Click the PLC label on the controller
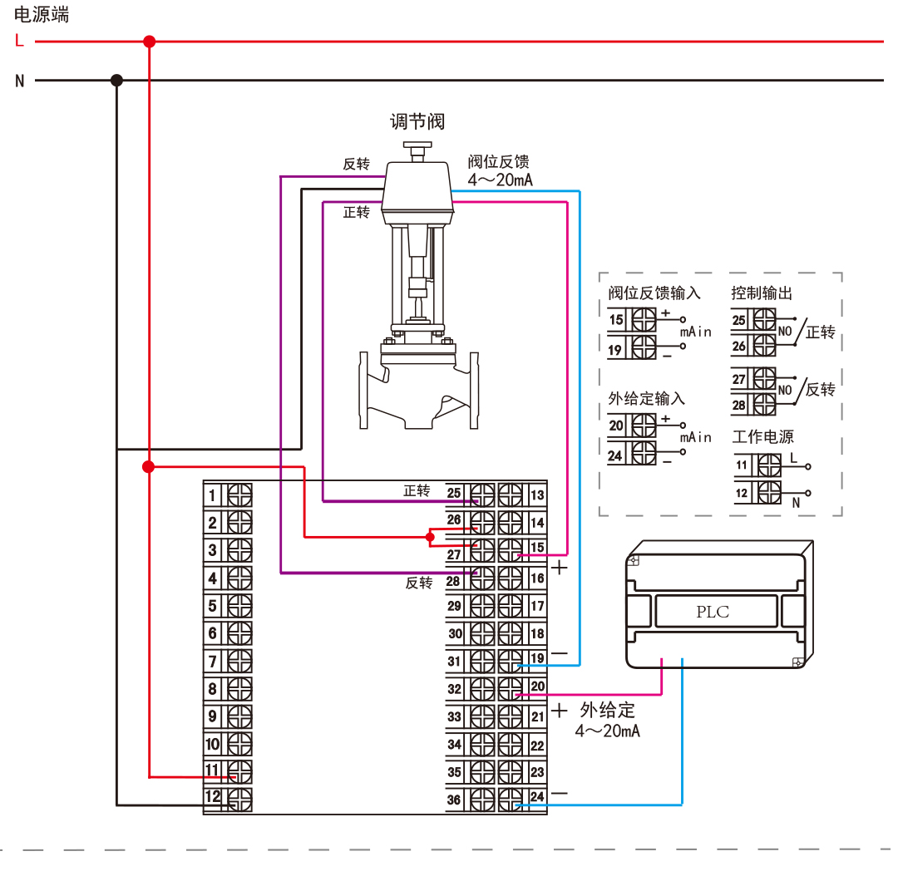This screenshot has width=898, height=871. point(712,612)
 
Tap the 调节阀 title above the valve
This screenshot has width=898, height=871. point(417,121)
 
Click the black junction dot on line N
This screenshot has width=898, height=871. point(117,81)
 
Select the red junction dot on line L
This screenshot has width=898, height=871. point(150,41)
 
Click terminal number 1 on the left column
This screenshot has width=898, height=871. point(212,496)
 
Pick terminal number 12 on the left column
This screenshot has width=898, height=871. point(213,797)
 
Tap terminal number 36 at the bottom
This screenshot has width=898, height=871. point(454,800)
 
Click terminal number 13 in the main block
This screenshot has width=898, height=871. point(537,495)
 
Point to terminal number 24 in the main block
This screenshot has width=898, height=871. point(537,797)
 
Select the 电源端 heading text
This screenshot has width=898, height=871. point(42,14)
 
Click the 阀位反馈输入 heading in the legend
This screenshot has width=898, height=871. point(654,293)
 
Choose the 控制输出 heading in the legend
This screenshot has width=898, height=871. point(761,293)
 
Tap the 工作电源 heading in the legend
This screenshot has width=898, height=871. point(762,437)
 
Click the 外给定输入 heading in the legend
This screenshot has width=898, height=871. point(646,399)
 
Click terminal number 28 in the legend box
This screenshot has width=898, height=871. point(739,405)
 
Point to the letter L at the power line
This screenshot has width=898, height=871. point(19,41)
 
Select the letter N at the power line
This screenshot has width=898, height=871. point(19,81)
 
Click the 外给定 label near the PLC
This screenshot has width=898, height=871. point(607,711)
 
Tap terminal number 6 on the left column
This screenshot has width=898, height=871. point(212,633)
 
